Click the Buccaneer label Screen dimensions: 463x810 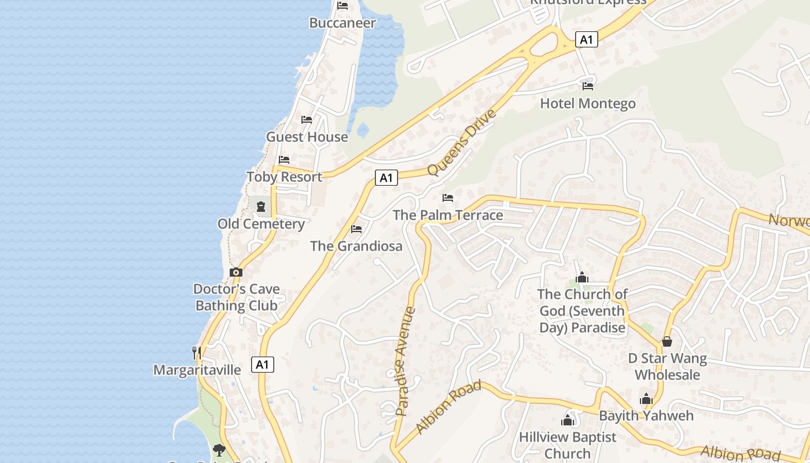pyautogui.click(x=343, y=23)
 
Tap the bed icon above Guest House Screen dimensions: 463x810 pyautogui.click(x=307, y=120)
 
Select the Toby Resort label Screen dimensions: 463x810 pyautogui.click(x=284, y=177)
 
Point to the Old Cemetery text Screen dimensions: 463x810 pyautogui.click(x=261, y=224)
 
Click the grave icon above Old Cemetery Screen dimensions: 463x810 pyautogui.click(x=261, y=206)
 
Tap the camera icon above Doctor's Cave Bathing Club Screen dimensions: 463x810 pyautogui.click(x=235, y=272)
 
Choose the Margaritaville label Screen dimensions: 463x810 pyautogui.click(x=197, y=370)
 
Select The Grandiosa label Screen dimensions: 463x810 pyautogui.click(x=356, y=246)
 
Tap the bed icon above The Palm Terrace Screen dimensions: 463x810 pyautogui.click(x=448, y=198)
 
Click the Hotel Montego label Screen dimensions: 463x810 pyautogui.click(x=588, y=104)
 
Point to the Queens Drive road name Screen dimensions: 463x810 pyautogui.click(x=462, y=142)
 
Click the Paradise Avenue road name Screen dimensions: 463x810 pyautogui.click(x=406, y=361)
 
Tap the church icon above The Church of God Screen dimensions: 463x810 pyautogui.click(x=582, y=278)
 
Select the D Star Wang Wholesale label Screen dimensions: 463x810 pyautogui.click(x=667, y=366)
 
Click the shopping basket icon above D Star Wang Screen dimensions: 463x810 pyautogui.click(x=667, y=341)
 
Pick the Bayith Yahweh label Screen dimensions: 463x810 pyautogui.click(x=646, y=416)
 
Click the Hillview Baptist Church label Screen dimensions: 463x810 pyautogui.click(x=568, y=445)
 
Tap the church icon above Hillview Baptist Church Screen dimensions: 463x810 pyautogui.click(x=568, y=420)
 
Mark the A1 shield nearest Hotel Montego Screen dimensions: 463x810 pyautogui.click(x=587, y=39)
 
